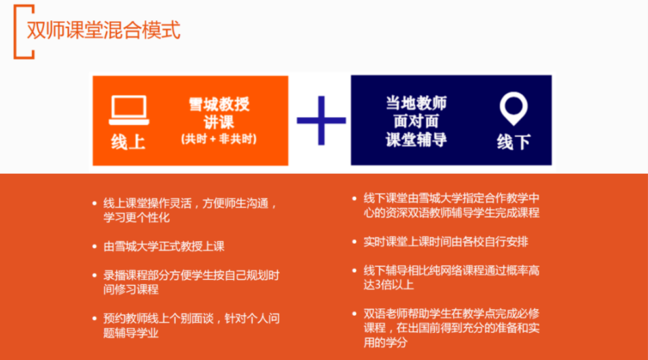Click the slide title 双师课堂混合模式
[x=103, y=30]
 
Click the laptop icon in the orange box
[x=128, y=110]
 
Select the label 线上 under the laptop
[x=128, y=142]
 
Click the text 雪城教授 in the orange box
[x=219, y=104]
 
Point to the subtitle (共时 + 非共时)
[x=219, y=139]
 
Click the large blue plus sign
[x=321, y=120]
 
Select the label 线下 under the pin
[x=514, y=142]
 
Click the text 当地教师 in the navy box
[x=416, y=103]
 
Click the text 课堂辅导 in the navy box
[x=416, y=140]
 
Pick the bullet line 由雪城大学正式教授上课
[x=164, y=247]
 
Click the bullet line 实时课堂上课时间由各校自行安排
[x=446, y=242]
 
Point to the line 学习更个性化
[x=137, y=217]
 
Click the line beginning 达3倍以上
[x=389, y=285]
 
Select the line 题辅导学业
[x=130, y=333]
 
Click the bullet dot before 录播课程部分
[x=94, y=275]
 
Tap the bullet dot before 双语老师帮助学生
[x=354, y=314]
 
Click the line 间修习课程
[x=130, y=289]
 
